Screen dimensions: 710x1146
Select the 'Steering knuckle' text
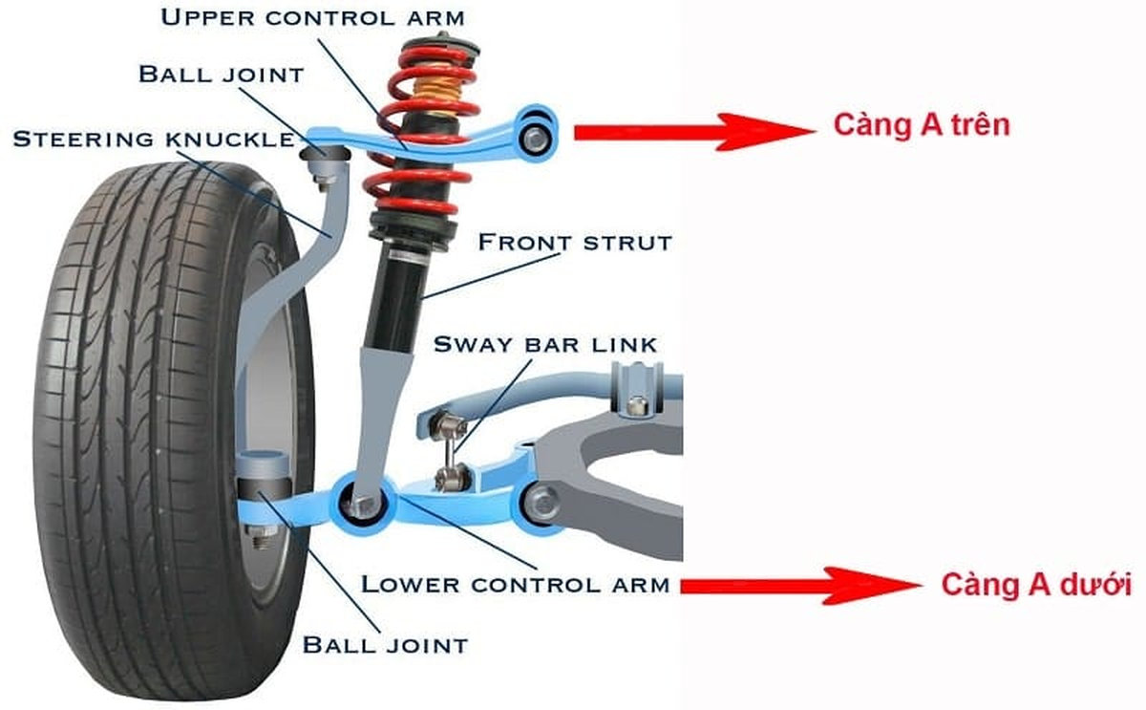(153, 140)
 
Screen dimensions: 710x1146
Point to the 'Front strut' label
(575, 242)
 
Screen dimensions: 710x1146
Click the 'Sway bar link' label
(545, 344)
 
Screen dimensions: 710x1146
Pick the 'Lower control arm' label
(515, 584)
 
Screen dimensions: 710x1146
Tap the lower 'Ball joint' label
(385, 644)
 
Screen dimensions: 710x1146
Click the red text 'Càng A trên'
(921, 125)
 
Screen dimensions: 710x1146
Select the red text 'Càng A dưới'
(1036, 584)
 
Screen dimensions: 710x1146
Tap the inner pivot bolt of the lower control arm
(541, 500)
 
